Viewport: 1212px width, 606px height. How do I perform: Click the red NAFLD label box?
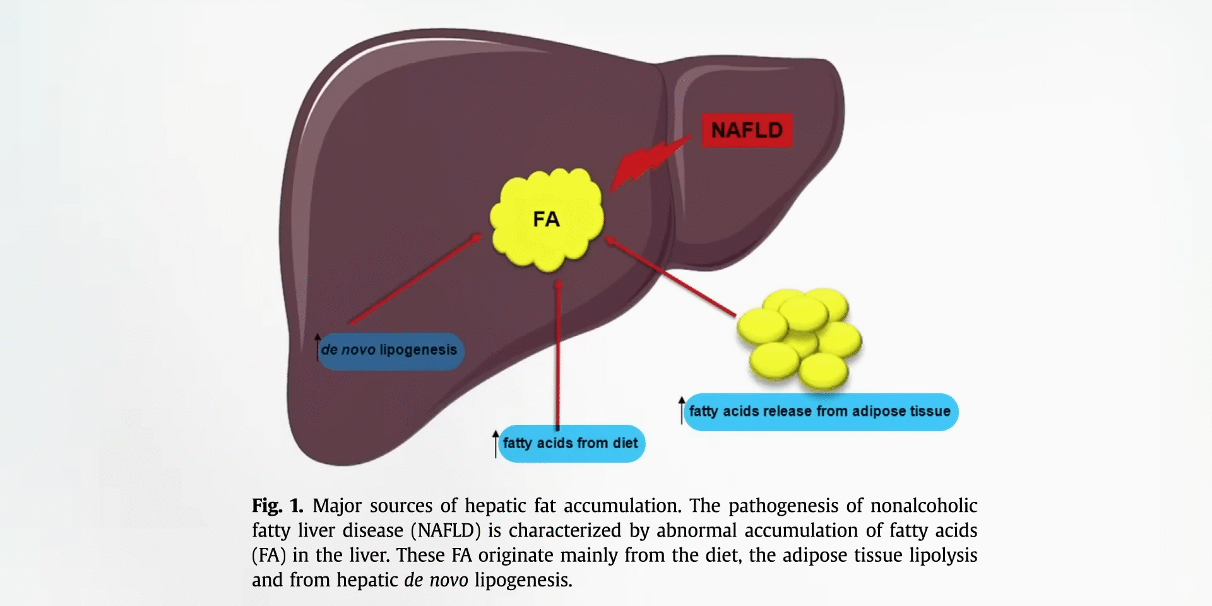coord(747,131)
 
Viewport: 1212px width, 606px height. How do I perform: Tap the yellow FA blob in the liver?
coord(547,219)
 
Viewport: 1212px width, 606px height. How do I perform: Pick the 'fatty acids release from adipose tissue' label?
coord(820,412)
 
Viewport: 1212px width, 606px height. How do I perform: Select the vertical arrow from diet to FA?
coord(558,353)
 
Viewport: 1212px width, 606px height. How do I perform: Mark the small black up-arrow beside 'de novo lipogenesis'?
coord(318,347)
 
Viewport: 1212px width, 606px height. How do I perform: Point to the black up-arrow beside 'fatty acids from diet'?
coord(496,443)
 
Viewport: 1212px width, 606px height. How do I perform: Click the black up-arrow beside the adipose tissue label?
coord(682,410)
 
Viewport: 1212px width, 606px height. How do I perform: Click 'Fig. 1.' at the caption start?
coord(277,506)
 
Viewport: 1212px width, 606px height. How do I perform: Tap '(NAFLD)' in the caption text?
coord(446,530)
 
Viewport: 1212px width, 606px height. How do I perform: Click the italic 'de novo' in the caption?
coord(436,580)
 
